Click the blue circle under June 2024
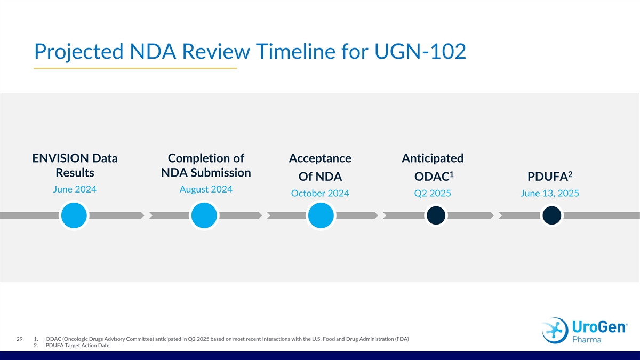click(74, 215)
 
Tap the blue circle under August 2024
click(204, 215)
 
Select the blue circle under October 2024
click(321, 215)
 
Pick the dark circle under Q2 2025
click(436, 215)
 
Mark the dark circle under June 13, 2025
click(551, 215)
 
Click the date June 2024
click(75, 189)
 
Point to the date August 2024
click(206, 189)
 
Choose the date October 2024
click(320, 193)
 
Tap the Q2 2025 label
click(433, 193)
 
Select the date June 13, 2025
click(550, 193)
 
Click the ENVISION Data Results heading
click(75, 165)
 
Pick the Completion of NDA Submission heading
click(206, 165)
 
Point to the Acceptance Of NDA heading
click(320, 167)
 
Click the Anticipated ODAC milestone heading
click(433, 167)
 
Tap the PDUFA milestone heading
click(550, 177)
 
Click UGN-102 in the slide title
click(420, 51)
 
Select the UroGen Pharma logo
click(584, 331)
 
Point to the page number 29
click(19, 339)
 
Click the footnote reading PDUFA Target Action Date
click(77, 346)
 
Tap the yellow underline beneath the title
click(135, 68)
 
